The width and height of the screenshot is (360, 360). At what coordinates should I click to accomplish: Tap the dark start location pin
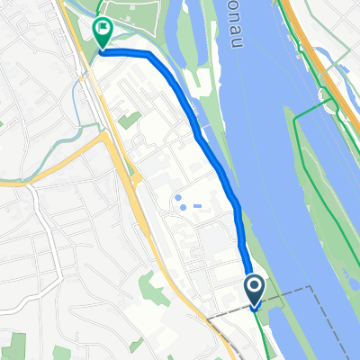pyautogui.click(x=254, y=289)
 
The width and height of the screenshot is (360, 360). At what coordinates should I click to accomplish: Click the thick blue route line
pyautogui.click(x=216, y=153)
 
